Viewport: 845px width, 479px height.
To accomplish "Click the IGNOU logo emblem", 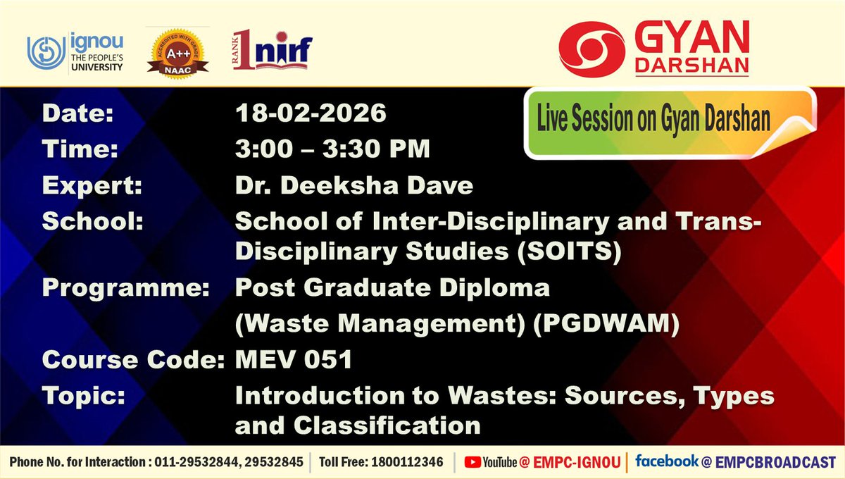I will pyautogui.click(x=46, y=52).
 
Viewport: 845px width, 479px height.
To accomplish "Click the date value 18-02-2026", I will pyautogui.click(x=311, y=113).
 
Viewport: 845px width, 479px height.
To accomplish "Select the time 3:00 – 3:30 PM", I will pyautogui.click(x=332, y=149).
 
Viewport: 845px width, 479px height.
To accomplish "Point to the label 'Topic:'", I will pyautogui.click(x=84, y=395).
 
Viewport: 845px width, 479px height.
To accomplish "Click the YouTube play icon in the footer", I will pyautogui.click(x=472, y=462).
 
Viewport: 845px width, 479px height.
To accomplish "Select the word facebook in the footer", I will pyautogui.click(x=666, y=461).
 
